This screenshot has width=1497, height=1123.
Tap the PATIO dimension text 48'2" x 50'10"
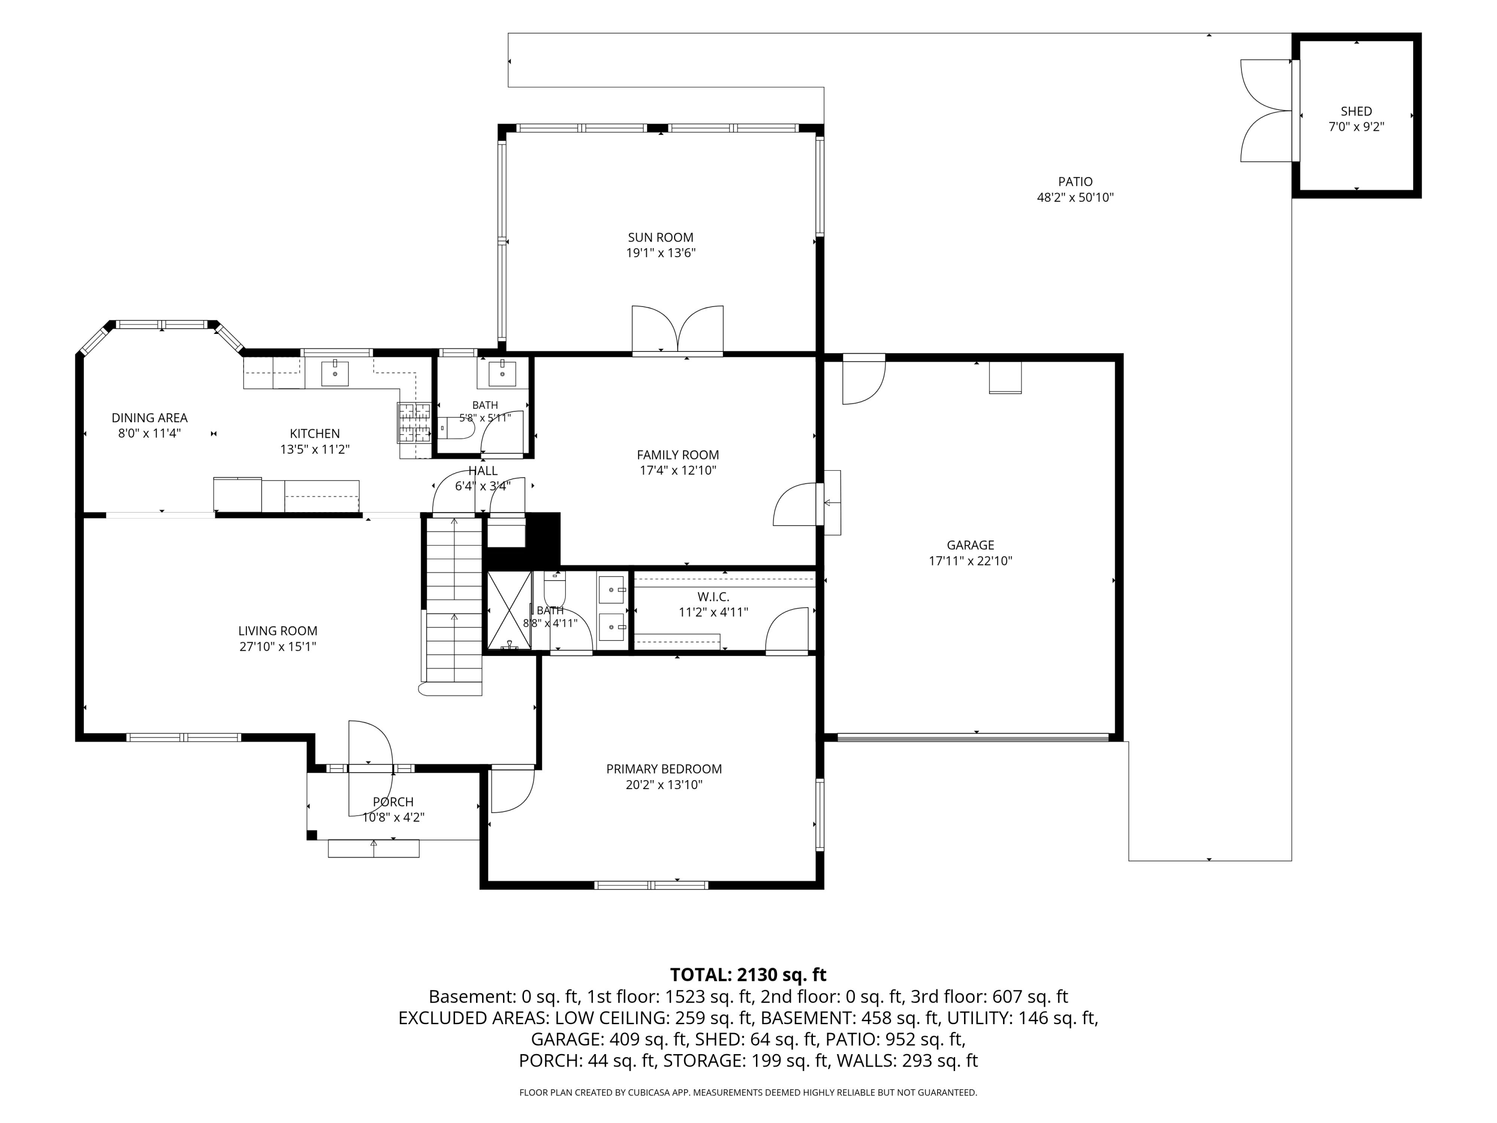(1075, 198)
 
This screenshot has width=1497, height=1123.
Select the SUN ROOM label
(661, 238)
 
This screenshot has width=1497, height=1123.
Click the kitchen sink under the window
(334, 373)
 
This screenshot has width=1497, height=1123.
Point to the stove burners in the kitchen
(414, 422)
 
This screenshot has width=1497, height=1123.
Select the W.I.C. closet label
(713, 597)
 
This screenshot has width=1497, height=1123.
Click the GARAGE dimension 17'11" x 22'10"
(971, 561)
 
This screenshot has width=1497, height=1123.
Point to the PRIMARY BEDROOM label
(664, 769)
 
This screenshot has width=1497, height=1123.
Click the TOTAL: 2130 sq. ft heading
(748, 975)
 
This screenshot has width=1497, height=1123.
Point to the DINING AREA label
(150, 418)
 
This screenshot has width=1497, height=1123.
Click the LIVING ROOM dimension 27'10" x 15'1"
(277, 646)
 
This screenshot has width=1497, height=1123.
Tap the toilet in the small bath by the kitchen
(456, 428)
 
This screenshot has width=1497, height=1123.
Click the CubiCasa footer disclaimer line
(748, 1093)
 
